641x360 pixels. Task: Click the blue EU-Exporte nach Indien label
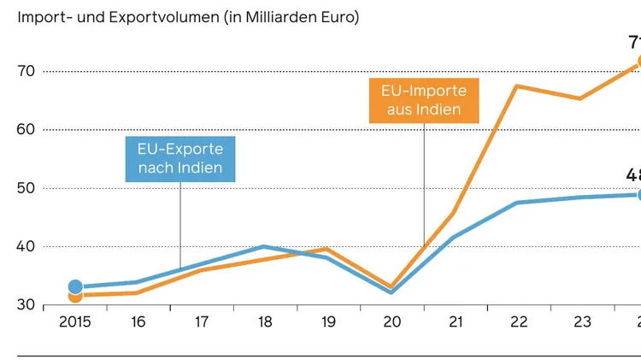(x=180, y=158)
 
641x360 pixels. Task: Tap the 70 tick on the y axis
(x=26, y=71)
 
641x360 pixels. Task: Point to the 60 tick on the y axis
(x=26, y=129)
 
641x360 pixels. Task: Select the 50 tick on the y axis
(x=26, y=188)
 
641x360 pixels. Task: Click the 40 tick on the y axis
(x=26, y=246)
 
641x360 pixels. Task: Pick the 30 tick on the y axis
(x=26, y=305)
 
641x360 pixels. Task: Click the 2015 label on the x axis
(x=74, y=322)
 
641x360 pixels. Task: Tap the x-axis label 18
(x=265, y=322)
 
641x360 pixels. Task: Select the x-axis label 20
(x=391, y=322)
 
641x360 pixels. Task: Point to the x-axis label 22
(x=519, y=322)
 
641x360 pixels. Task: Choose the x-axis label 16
(x=138, y=322)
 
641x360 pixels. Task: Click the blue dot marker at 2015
(x=75, y=286)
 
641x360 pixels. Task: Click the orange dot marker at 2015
(x=75, y=296)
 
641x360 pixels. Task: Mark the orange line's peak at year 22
(x=518, y=86)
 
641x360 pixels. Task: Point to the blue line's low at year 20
(x=391, y=292)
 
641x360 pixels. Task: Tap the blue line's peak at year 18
(x=265, y=246)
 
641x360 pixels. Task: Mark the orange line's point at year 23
(x=581, y=98)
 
